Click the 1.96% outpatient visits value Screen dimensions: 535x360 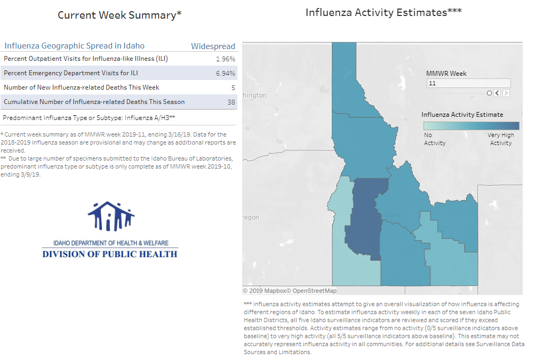(x=226, y=59)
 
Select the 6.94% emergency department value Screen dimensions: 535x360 (x=226, y=74)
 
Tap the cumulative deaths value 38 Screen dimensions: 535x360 (x=231, y=102)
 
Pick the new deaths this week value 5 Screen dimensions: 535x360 (x=234, y=87)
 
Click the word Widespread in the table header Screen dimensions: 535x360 (x=213, y=46)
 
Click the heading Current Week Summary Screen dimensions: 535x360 (x=119, y=15)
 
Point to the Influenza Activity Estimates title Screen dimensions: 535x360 (x=384, y=12)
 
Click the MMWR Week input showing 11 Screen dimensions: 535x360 (x=468, y=83)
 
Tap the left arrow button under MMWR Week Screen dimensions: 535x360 (x=497, y=93)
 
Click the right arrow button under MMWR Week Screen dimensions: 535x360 (x=506, y=93)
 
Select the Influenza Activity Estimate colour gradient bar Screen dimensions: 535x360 (x=471, y=126)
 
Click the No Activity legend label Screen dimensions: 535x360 (x=435, y=139)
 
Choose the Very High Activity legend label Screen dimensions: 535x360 (x=500, y=139)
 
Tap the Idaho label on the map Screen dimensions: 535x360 (x=393, y=214)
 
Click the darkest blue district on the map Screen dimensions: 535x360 (x=365, y=218)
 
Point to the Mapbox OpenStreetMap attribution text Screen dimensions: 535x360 (x=290, y=291)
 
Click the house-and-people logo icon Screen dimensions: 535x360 (x=111, y=216)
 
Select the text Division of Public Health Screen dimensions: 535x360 (x=110, y=254)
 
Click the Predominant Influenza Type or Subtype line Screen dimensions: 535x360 (x=89, y=118)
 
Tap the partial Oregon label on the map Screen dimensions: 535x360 (x=251, y=218)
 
